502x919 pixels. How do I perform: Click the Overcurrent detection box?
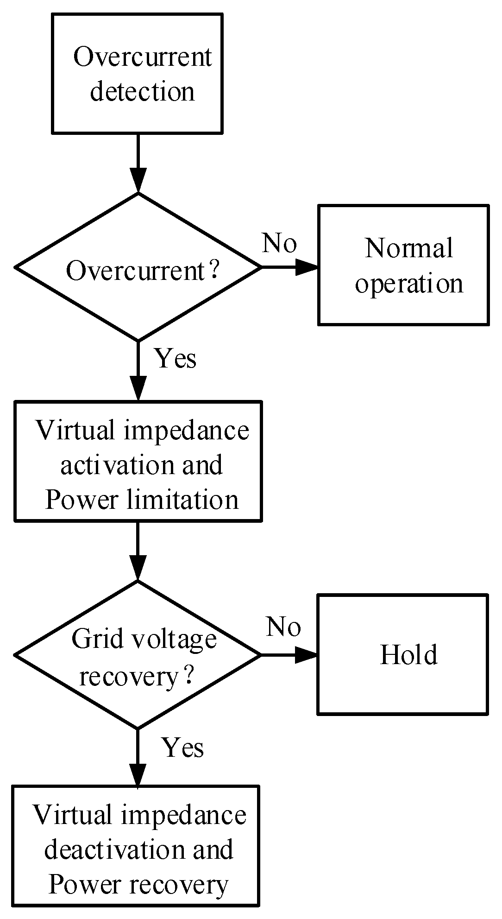pos(137,73)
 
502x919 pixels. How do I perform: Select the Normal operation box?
pos(403,265)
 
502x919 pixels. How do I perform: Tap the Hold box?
pos(402,654)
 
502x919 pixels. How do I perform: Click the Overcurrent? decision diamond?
pos(138,267)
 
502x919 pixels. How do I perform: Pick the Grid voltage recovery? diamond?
pos(138,654)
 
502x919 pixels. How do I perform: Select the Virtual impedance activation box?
pos(138,461)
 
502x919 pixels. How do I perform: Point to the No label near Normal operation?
pos(279,243)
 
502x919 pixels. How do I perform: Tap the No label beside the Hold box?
pos(283,627)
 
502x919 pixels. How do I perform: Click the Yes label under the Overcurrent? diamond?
pos(176,358)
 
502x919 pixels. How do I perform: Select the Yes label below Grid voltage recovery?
pos(182,748)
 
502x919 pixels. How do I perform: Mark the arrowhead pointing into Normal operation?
pos(307,267)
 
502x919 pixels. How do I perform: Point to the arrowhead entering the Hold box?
pos(307,654)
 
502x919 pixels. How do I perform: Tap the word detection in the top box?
pos(142,91)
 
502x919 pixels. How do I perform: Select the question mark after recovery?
pos(188,676)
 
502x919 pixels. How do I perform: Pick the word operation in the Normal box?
pos(409,283)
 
